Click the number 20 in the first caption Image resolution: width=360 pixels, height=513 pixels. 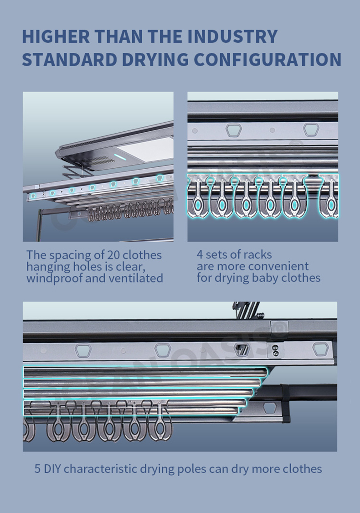pos(113,254)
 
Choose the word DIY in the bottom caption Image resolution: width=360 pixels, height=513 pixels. pos(52,469)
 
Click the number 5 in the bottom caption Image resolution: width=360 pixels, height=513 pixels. pos(37,469)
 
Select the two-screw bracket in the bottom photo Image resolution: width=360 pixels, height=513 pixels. pos(275,350)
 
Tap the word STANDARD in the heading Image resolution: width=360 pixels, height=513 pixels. pos(61,60)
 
